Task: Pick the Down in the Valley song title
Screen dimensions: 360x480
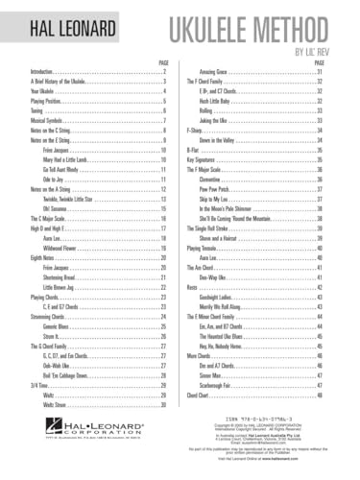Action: (219, 140)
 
